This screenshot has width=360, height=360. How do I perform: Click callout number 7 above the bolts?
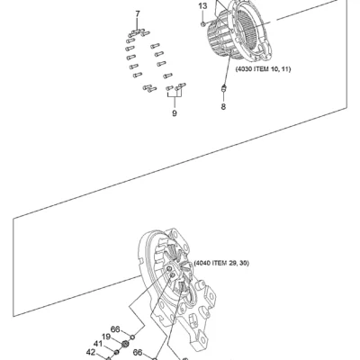click(138, 13)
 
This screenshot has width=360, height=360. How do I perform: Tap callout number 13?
click(202, 6)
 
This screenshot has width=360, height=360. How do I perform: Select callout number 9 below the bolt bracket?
click(175, 113)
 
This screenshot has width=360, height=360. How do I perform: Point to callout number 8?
click(223, 106)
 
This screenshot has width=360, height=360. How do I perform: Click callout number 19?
click(106, 337)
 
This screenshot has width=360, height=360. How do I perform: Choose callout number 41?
click(98, 344)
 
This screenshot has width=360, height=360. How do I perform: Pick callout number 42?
click(91, 353)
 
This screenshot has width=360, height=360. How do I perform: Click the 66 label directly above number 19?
click(115, 329)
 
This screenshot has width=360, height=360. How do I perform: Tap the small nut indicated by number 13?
click(203, 23)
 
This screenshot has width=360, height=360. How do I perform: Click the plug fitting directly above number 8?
click(224, 88)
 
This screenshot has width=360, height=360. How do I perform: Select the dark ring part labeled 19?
click(125, 344)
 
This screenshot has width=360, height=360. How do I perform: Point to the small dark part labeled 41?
click(117, 351)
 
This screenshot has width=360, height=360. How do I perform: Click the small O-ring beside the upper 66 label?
click(132, 337)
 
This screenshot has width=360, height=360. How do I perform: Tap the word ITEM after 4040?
click(219, 263)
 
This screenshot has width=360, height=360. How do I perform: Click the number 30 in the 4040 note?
click(244, 263)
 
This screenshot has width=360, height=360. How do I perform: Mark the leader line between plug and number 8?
click(223, 97)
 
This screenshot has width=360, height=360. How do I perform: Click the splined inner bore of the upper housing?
click(247, 29)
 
